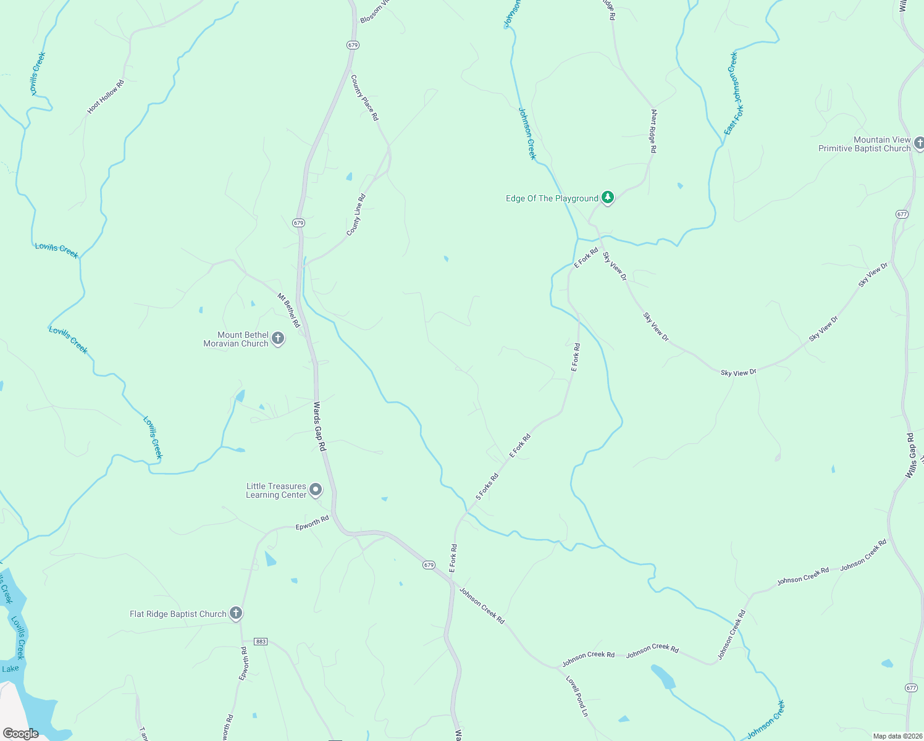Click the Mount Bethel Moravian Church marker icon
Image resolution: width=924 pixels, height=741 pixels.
pos(278,338)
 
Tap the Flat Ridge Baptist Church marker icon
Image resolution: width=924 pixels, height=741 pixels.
pos(235,613)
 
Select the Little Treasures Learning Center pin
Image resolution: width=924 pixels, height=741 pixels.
pos(316,490)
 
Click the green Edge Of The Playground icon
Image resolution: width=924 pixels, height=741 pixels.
pos(608,198)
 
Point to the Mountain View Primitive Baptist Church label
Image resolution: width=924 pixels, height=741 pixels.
pos(864,144)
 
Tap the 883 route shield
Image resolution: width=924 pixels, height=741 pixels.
pos(261,642)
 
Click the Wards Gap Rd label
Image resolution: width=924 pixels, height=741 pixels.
pos(319,426)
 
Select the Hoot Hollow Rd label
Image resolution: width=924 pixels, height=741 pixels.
pos(106,96)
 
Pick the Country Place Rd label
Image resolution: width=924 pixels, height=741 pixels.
pos(364,98)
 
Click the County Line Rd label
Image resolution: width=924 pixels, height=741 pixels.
pos(356,215)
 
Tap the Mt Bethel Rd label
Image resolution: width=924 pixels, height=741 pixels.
pos(288,310)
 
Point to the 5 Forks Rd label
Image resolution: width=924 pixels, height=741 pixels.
pos(487,487)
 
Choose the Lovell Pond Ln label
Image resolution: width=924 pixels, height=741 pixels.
pos(577,696)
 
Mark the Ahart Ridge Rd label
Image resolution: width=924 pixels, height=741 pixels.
pos(653,132)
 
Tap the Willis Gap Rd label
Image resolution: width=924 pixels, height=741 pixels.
pos(910,456)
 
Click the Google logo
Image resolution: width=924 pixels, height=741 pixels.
pos(20,734)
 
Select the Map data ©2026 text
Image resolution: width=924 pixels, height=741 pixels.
pos(897,736)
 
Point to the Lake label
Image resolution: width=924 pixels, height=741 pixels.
pos(10,669)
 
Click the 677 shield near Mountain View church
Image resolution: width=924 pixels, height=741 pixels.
pos(902,214)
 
